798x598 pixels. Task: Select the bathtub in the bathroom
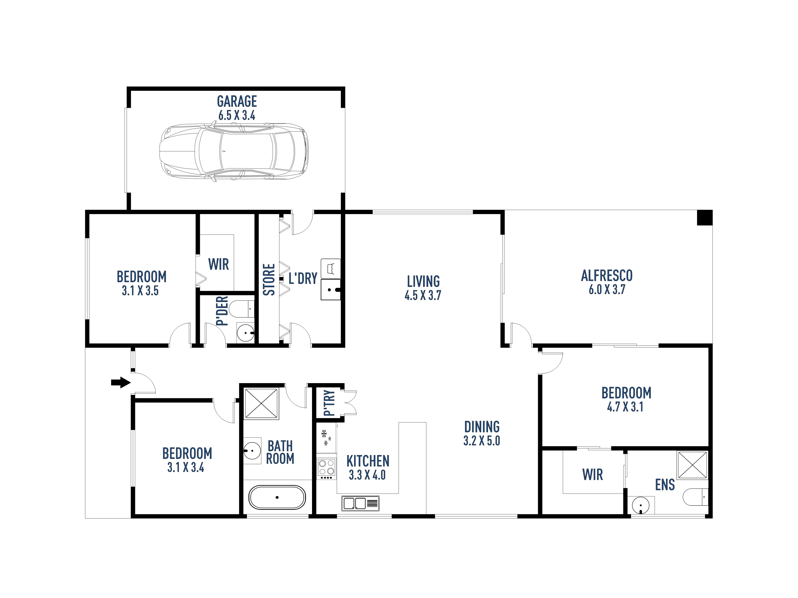[277, 497]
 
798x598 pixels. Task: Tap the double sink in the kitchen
[360, 503]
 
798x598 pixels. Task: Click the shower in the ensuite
[692, 465]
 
